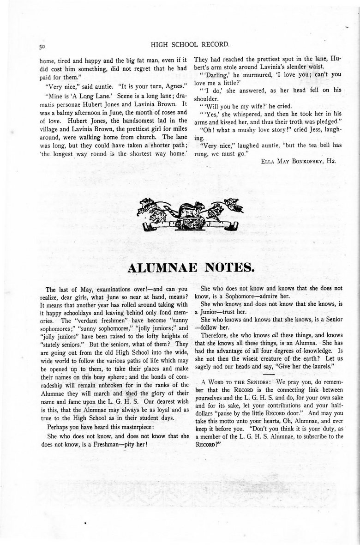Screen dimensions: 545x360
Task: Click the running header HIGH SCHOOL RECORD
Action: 190,45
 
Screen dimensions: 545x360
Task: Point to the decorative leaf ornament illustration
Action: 188,214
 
